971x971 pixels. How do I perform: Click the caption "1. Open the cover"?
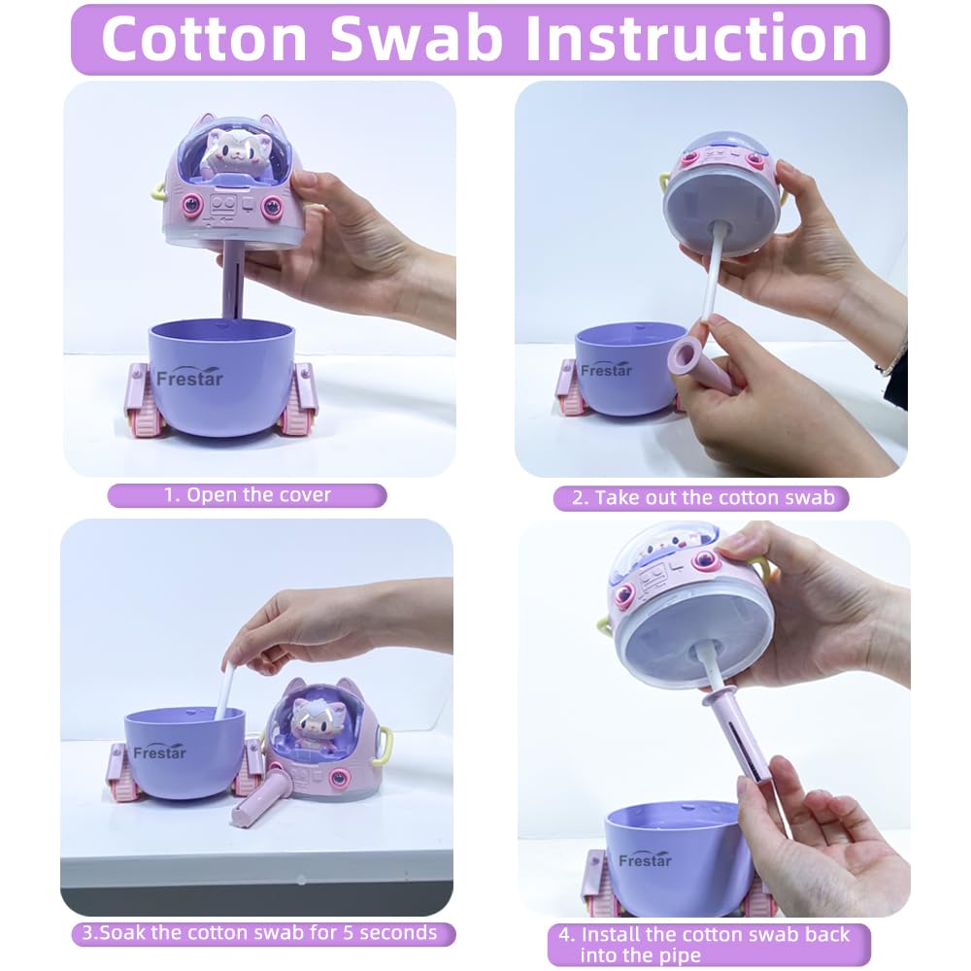pos(247,495)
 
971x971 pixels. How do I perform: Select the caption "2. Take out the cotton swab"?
pos(703,498)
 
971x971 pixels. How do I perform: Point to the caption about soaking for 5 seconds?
pos(260,932)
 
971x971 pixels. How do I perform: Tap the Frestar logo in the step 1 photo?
pos(189,378)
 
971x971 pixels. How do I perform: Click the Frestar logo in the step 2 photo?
pos(606,370)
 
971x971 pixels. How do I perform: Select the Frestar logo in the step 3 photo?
pos(159,752)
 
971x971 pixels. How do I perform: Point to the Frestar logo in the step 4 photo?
pos(645,859)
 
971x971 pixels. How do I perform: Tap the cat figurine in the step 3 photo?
pos(316,723)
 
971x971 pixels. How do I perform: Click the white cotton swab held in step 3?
pos(224,690)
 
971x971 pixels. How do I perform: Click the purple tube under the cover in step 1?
pos(232,280)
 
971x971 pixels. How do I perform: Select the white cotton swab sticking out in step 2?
pos(712,275)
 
